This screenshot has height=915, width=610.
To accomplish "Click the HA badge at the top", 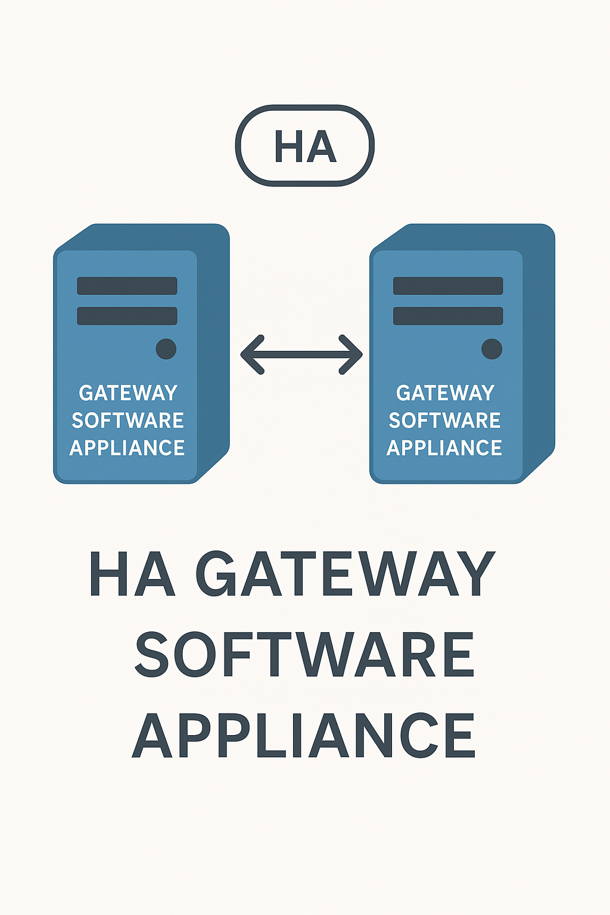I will coord(305,146).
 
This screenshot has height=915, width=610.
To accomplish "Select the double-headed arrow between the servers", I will coord(301,354).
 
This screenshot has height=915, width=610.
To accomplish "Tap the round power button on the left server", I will coord(166,348).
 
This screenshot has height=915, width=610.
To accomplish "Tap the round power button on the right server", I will coord(491,348).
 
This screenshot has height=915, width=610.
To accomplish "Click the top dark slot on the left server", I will coord(127,286).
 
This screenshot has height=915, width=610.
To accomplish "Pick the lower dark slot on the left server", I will coord(127,316).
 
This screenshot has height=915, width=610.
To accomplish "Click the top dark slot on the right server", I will coord(448,286).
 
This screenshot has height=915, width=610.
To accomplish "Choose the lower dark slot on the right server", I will coord(448,316).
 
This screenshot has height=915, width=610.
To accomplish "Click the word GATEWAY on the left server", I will coord(128,393).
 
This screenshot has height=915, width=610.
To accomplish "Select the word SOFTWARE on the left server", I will coord(127,421).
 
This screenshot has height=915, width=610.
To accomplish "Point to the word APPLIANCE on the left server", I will coord(127,448).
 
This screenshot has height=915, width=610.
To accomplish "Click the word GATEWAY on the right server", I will coord(445,393).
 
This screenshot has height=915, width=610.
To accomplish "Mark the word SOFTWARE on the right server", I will coord(444,421).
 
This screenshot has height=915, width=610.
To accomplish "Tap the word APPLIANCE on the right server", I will coord(444,448).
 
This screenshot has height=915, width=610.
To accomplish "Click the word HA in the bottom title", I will coord(132,574).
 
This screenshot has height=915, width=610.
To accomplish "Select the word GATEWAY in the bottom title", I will coord(345,574).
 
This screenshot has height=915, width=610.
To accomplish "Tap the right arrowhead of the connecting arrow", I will coord(352,354).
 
